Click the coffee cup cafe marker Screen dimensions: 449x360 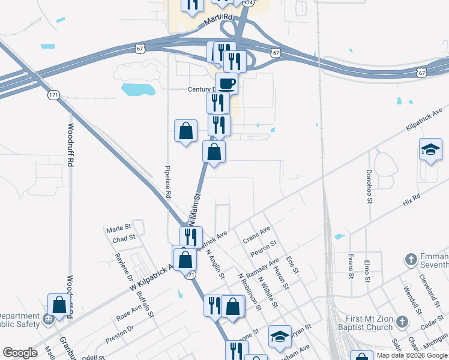pos(226,83)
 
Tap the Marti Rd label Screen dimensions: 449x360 pos(200,20)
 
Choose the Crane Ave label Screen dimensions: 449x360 pos(257,234)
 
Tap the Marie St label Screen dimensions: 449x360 pos(118,229)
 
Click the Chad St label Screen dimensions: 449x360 pos(124,238)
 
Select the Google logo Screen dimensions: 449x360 pos(20,353)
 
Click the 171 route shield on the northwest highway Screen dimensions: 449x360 pos(53,95)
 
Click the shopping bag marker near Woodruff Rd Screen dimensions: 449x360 pos(59,304)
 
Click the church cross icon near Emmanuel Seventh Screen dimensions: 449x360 pos(411,260)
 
